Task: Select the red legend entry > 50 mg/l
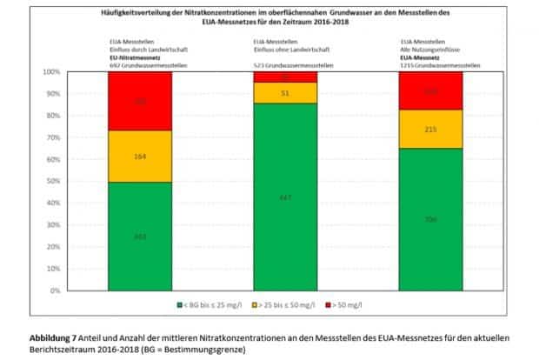(x=348, y=306)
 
